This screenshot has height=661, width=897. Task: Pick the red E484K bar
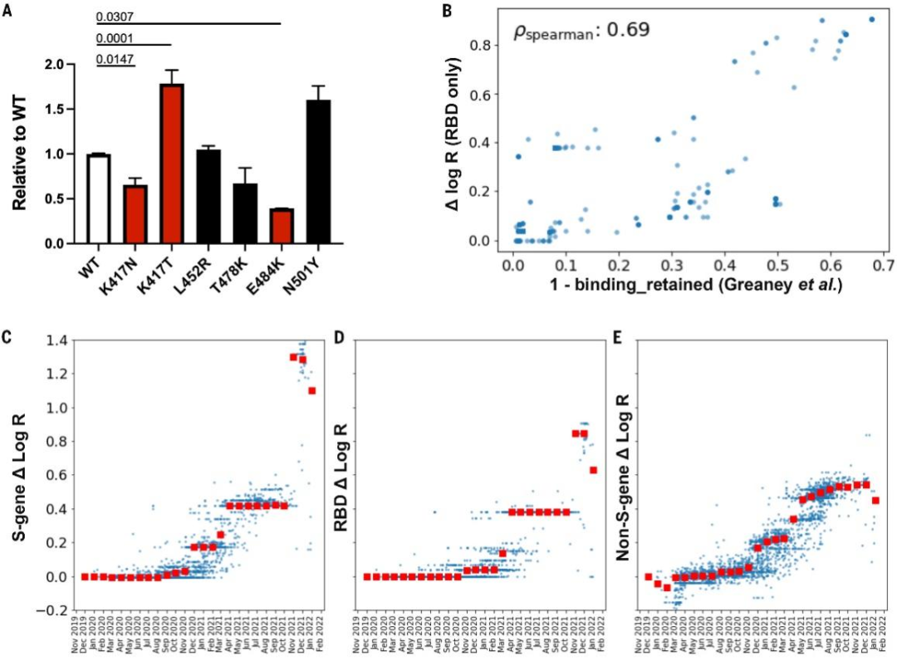(x=279, y=227)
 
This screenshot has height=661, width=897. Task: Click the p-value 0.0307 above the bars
(x=114, y=17)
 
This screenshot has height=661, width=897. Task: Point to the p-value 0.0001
(x=114, y=38)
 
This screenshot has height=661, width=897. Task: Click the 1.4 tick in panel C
(x=57, y=340)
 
